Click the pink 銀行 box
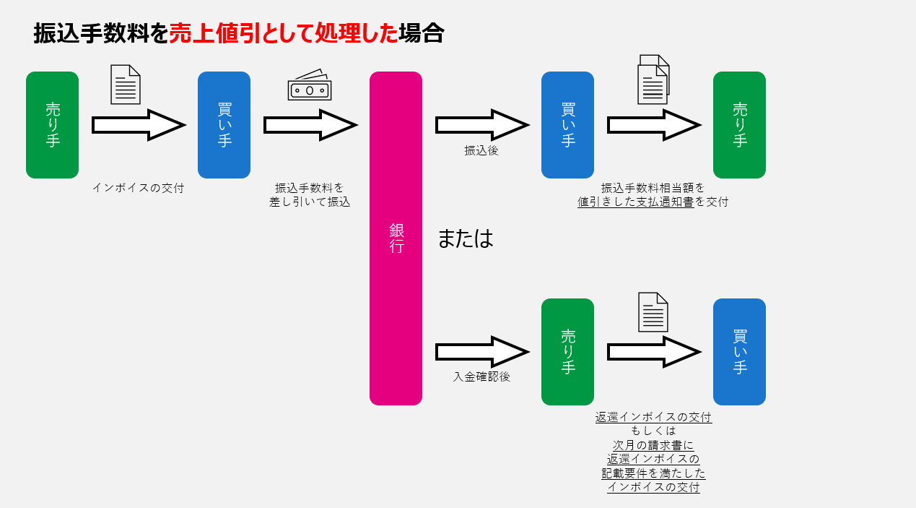(396, 238)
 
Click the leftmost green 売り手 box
(52, 125)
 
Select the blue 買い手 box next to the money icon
(224, 125)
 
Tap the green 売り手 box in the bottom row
(567, 352)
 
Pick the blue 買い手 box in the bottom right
(739, 352)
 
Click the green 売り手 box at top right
(739, 125)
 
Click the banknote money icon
(309, 87)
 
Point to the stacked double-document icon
(653, 79)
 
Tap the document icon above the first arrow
(125, 85)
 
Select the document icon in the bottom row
(653, 312)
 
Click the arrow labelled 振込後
(481, 125)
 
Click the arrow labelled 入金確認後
(481, 352)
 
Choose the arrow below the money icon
(310, 125)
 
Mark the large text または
(465, 239)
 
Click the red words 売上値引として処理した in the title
(283, 33)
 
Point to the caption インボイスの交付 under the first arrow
(138, 188)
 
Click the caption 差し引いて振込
(310, 202)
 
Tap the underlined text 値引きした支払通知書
(636, 202)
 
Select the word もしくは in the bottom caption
(653, 431)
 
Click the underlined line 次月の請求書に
(653, 445)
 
